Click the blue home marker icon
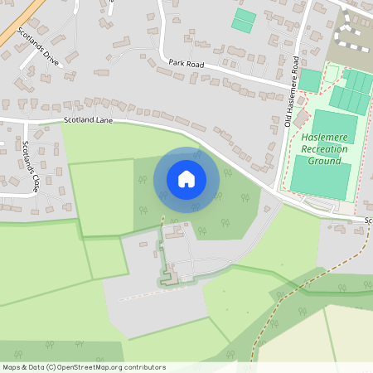pos(186,179)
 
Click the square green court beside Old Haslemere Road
pos(309,80)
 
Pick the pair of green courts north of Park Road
pos(243,20)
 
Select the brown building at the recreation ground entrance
pos(299,119)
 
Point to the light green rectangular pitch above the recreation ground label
pos(336,124)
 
